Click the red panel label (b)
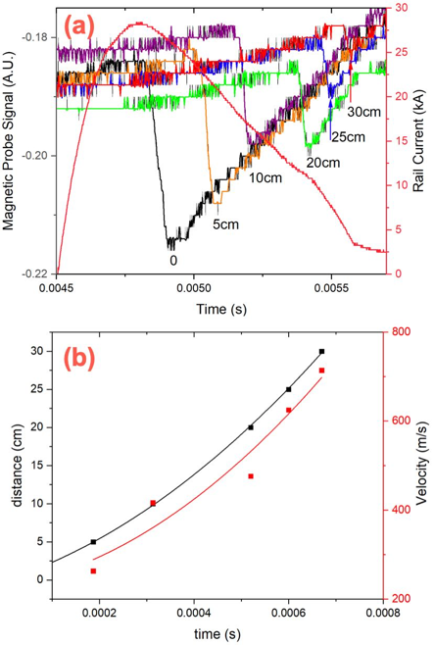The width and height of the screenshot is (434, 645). [78, 358]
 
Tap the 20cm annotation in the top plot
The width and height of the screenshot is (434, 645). [323, 163]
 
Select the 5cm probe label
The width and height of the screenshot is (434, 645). [225, 224]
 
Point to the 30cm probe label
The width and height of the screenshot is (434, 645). [364, 112]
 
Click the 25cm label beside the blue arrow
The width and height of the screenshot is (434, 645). [349, 136]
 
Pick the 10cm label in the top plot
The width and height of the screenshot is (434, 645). [265, 177]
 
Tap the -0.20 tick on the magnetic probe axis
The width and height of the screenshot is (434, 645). [37, 156]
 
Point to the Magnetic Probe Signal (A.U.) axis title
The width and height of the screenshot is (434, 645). [9, 141]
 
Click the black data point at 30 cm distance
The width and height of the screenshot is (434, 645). [321, 351]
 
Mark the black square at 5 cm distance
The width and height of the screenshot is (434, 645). [93, 542]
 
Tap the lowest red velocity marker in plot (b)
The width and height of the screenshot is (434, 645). [93, 571]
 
